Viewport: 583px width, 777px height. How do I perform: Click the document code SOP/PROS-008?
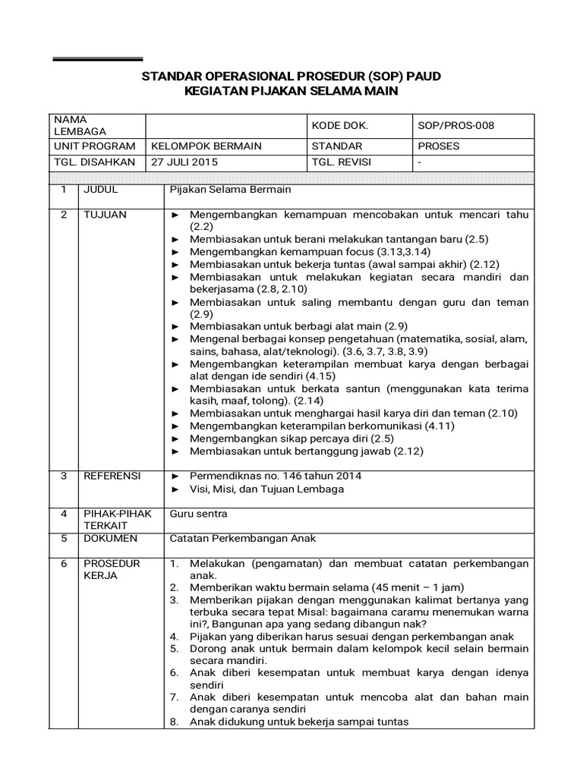click(x=455, y=125)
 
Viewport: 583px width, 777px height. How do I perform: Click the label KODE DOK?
click(x=339, y=125)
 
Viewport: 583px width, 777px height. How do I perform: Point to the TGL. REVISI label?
click(x=342, y=162)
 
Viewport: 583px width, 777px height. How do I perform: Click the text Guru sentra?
click(x=199, y=514)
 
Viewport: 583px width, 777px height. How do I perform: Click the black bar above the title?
click(x=97, y=58)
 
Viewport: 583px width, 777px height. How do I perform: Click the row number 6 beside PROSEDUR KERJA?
click(x=65, y=564)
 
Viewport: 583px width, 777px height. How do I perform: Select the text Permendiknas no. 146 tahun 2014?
click(x=276, y=476)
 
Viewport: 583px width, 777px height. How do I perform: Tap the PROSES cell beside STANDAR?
click(x=439, y=145)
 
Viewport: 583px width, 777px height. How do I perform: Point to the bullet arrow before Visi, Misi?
click(x=175, y=489)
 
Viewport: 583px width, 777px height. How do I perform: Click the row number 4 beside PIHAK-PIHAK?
click(x=65, y=514)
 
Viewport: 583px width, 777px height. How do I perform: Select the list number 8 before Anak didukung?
click(x=174, y=722)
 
